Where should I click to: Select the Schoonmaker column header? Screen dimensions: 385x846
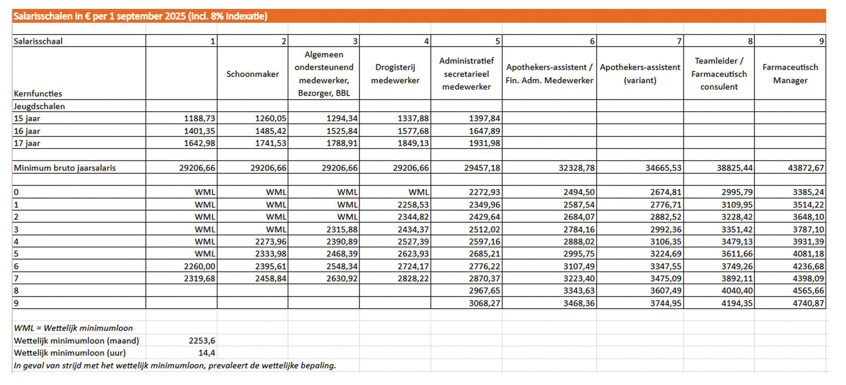[x=253, y=74]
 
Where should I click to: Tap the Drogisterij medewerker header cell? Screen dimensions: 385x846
[x=395, y=74]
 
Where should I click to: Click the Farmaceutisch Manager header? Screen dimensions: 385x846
[x=790, y=74]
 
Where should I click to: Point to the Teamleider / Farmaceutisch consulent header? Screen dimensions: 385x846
[x=719, y=74]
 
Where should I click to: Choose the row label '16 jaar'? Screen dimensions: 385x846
[x=27, y=131]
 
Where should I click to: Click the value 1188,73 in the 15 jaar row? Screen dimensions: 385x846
[x=199, y=118]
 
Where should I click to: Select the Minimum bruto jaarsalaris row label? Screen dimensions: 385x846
[x=64, y=168]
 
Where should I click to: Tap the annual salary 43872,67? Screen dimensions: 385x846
[x=806, y=168]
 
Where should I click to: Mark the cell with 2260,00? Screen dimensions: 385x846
[x=199, y=267]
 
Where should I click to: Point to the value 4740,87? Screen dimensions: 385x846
[x=808, y=303]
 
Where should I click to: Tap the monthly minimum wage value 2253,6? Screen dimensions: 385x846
[x=201, y=341]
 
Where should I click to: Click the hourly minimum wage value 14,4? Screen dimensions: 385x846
[x=206, y=353]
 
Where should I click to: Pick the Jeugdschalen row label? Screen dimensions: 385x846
[x=39, y=107]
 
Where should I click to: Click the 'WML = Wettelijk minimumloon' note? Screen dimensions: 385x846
[x=73, y=328]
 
